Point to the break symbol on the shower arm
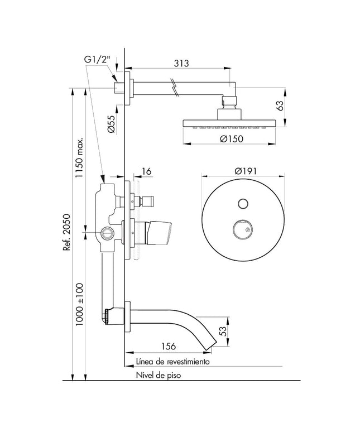175,87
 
